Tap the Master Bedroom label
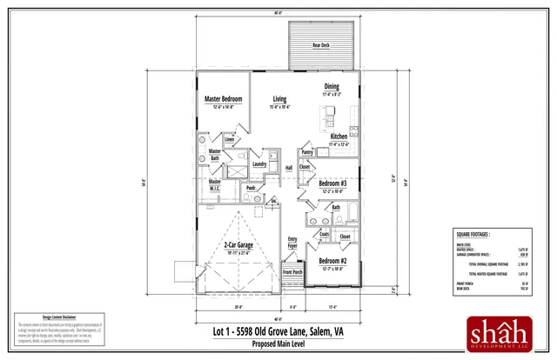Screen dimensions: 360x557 tap(223, 99)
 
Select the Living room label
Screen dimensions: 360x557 tap(280, 99)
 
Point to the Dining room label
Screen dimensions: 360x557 tap(332, 86)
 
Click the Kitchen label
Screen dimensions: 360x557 tap(339, 137)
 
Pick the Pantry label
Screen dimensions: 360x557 tap(307, 152)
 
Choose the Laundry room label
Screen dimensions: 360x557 tap(259, 163)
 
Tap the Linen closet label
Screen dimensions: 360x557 tap(230, 139)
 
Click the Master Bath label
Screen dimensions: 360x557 tap(214, 154)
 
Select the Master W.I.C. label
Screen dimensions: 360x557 tap(214, 184)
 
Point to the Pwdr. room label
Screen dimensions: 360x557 tap(251, 187)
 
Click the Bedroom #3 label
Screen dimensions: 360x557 tap(332, 183)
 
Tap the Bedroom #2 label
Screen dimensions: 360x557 tap(332, 261)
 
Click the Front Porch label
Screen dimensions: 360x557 tap(292, 273)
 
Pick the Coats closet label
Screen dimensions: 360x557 tap(324, 233)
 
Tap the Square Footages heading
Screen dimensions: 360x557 tap(473, 234)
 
